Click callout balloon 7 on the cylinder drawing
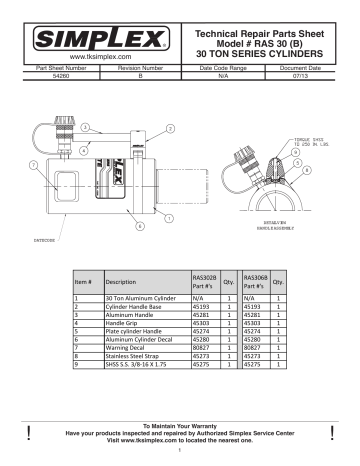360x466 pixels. tap(34, 163)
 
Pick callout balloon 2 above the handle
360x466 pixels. tap(170, 129)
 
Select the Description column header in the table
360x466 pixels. tap(126, 282)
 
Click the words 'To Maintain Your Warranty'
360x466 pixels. tap(179, 425)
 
